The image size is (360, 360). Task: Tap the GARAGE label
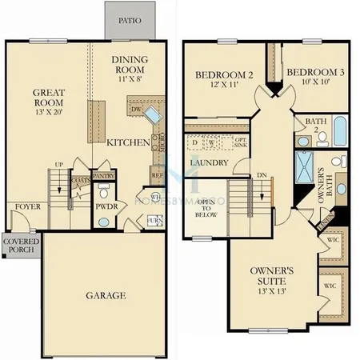106,295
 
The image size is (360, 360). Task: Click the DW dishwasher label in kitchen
136,110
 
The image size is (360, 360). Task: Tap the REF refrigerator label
157,174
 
